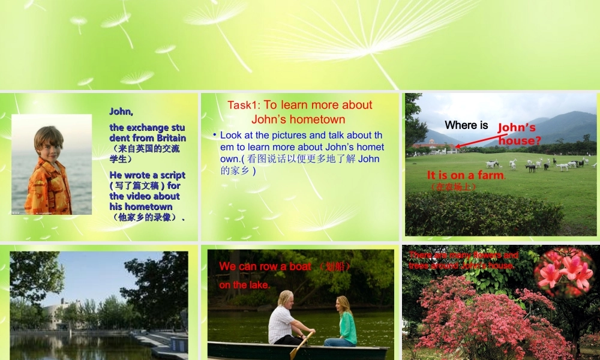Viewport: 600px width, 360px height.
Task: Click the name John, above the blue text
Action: click(x=121, y=112)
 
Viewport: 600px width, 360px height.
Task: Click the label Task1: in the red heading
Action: click(x=244, y=105)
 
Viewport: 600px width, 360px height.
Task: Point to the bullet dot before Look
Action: click(x=215, y=135)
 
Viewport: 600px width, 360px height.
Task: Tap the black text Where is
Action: click(x=466, y=125)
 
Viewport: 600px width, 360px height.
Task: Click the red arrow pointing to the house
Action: click(x=477, y=140)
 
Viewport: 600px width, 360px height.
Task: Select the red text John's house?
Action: click(x=519, y=134)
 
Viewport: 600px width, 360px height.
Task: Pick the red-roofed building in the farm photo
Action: click(x=433, y=145)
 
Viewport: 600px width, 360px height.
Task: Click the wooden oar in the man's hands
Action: click(x=300, y=346)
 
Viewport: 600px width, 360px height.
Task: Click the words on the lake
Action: click(x=244, y=285)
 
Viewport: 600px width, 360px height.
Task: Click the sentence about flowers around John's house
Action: click(x=463, y=260)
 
